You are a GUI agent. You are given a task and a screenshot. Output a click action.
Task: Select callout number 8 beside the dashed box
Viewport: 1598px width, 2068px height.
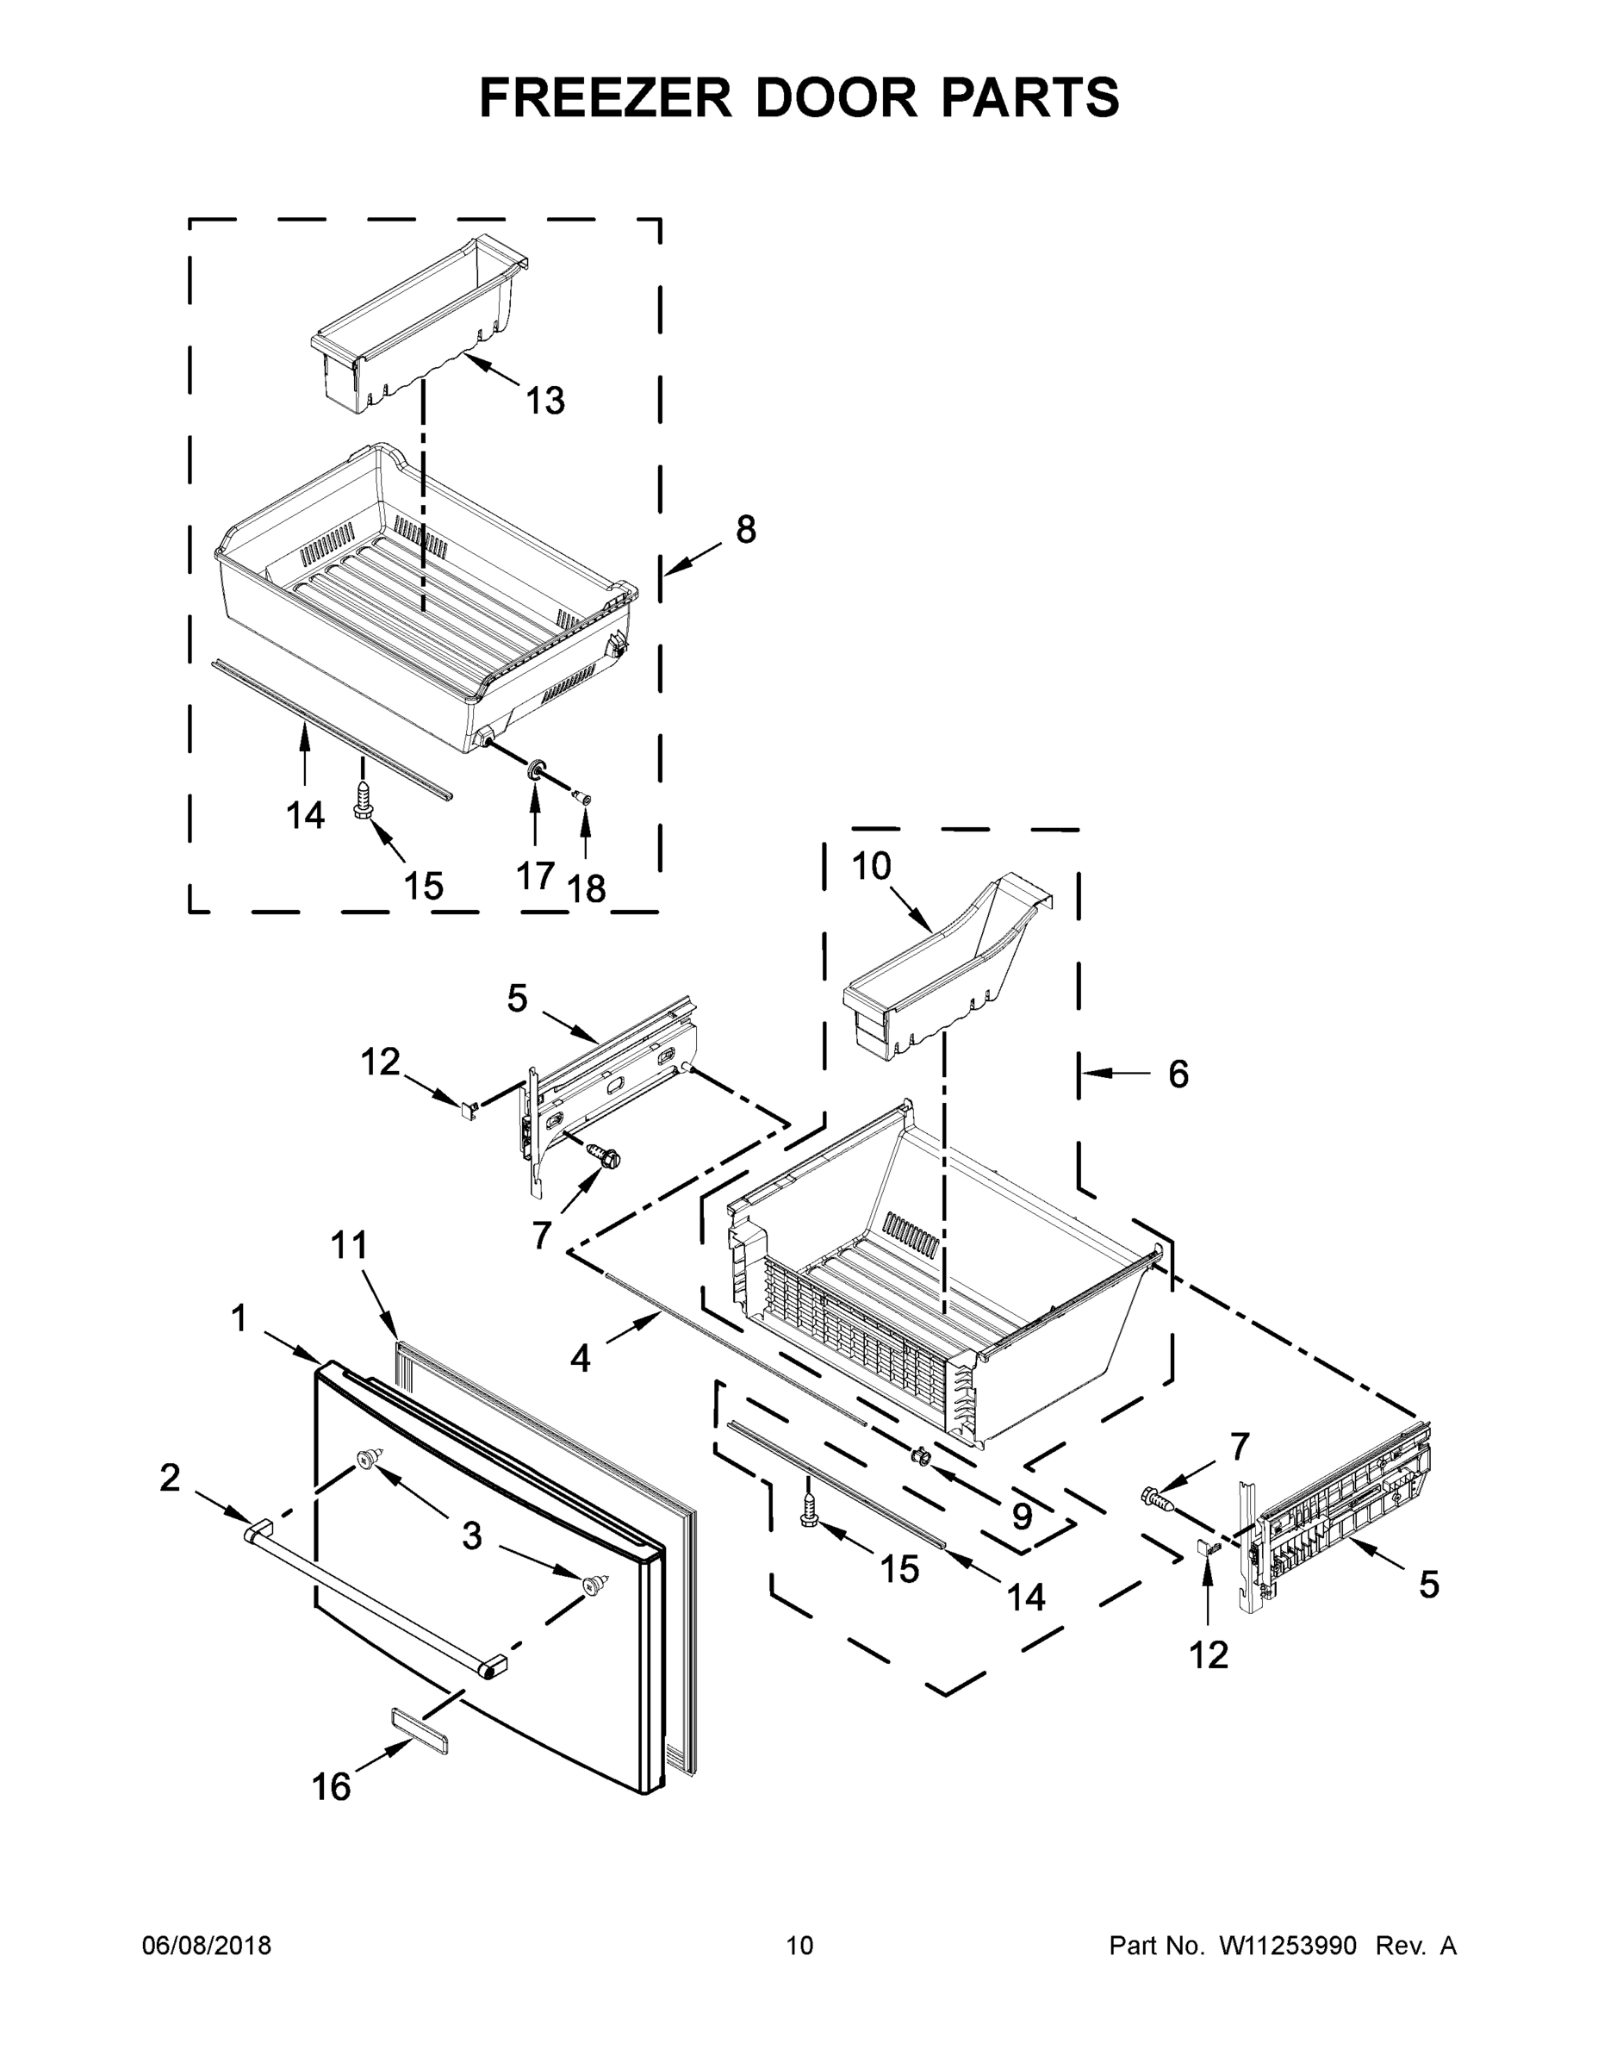[x=746, y=529]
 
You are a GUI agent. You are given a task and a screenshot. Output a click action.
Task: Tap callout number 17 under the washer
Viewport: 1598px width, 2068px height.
[x=535, y=875]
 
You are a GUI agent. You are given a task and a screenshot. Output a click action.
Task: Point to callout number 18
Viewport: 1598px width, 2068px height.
[x=586, y=888]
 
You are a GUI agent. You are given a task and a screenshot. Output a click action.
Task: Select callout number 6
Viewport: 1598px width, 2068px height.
[x=1178, y=1074]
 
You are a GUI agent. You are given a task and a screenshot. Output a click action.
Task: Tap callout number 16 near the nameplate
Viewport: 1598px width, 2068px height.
[x=332, y=1787]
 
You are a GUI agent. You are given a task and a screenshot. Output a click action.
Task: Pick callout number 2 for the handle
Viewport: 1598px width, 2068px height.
[x=170, y=1477]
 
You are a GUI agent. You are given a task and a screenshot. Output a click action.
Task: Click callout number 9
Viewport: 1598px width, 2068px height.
[x=1022, y=1516]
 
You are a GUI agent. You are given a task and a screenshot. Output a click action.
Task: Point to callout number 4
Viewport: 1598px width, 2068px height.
[x=581, y=1359]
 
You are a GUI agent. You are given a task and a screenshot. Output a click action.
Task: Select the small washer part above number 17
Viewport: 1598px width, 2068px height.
[x=537, y=768]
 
